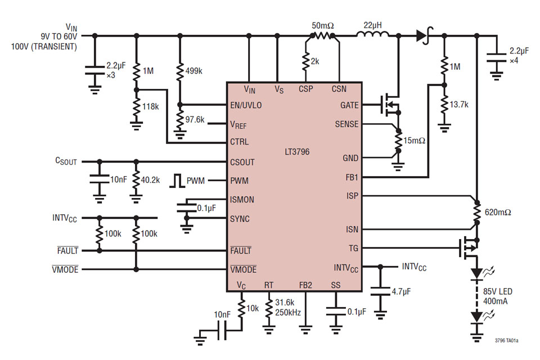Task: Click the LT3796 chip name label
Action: pos(297,152)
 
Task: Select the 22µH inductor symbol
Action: pos(372,35)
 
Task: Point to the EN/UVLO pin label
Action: pos(246,105)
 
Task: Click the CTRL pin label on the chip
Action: pos(240,142)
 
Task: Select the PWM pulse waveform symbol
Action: pos(178,181)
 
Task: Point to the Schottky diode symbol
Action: pos(422,36)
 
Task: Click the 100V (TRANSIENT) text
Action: pos(44,47)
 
